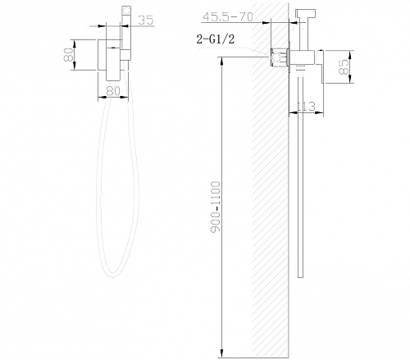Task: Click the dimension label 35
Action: click(x=146, y=20)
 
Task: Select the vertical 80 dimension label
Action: click(x=68, y=55)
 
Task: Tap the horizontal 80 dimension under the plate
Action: click(x=113, y=90)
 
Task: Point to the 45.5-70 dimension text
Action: click(x=228, y=17)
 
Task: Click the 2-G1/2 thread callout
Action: click(x=216, y=39)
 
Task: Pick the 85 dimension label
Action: click(x=344, y=67)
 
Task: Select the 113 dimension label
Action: click(x=306, y=107)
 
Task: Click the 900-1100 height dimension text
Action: click(x=216, y=207)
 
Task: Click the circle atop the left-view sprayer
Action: click(x=126, y=11)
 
